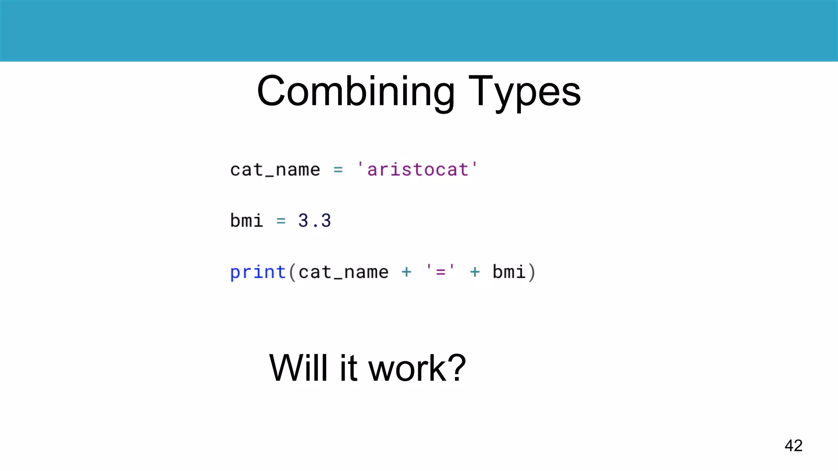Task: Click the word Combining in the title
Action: [356, 92]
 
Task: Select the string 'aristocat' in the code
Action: [417, 169]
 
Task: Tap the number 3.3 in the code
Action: [314, 221]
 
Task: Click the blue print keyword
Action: [258, 272]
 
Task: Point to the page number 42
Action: [793, 445]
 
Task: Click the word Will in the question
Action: [298, 368]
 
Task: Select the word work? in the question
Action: [417, 368]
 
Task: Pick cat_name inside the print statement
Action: [343, 272]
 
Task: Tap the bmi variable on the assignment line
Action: [246, 221]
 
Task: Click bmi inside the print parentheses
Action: [509, 272]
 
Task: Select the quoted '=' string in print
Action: [440, 271]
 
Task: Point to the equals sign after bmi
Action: [281, 221]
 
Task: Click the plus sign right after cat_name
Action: [406, 272]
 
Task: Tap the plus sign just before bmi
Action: [475, 272]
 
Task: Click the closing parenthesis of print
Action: [532, 272]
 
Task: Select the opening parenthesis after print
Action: [292, 272]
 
